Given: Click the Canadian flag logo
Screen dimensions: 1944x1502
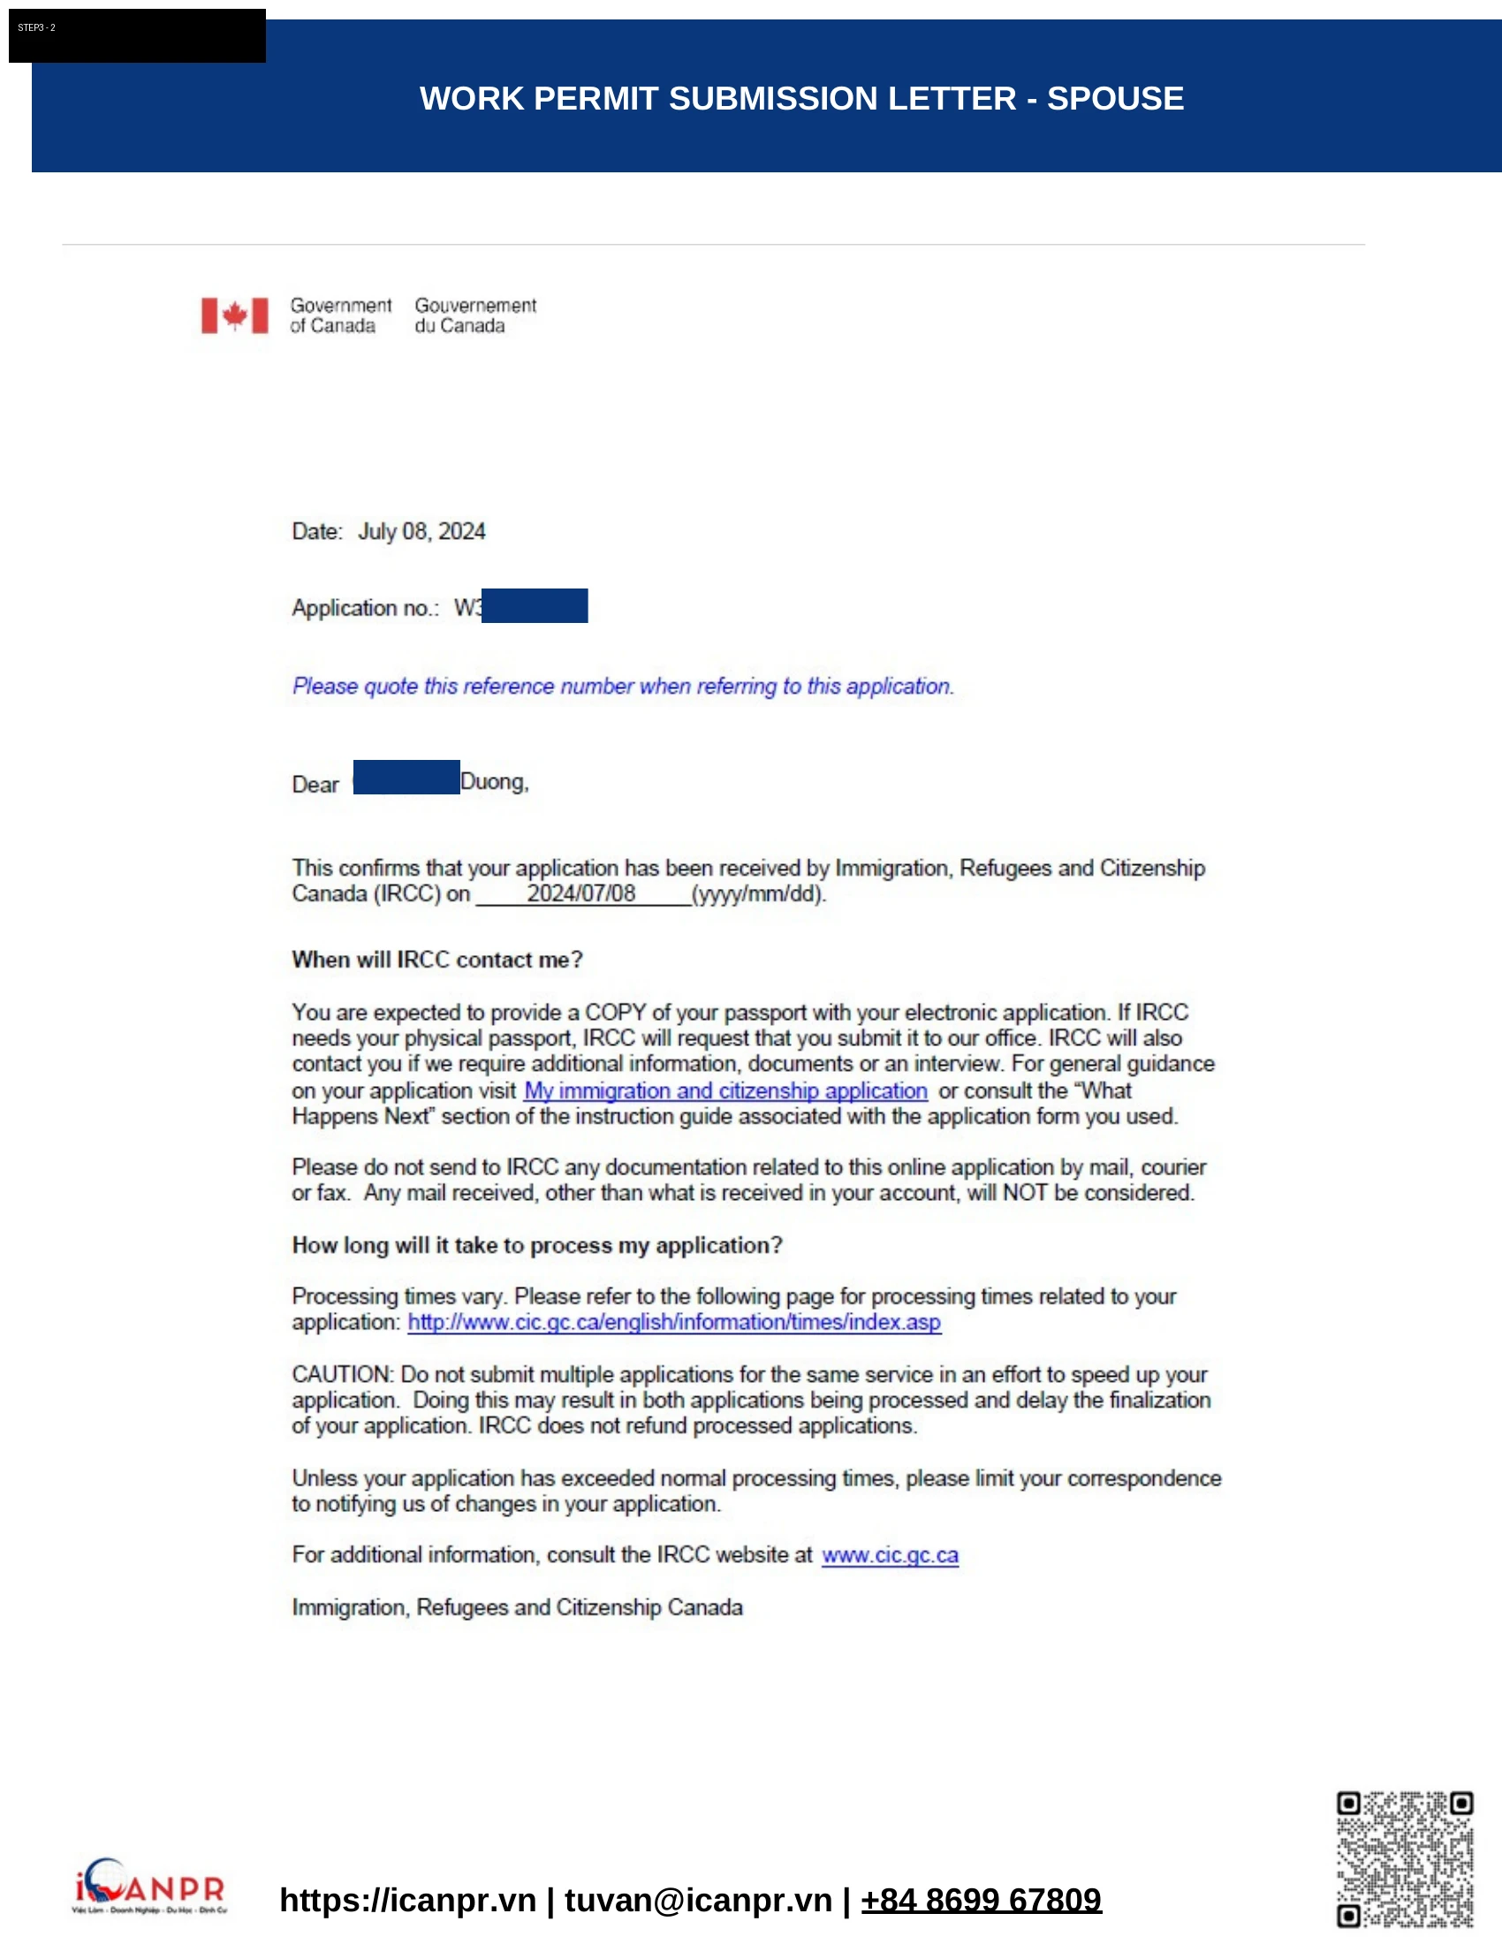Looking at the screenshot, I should click(234, 315).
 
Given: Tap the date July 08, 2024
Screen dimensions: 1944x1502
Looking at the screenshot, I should click(421, 531).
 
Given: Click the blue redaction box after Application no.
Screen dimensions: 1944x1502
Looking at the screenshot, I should click(534, 605).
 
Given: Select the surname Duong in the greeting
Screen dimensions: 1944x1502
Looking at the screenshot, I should click(493, 781).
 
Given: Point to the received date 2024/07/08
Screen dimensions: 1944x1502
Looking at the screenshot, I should click(581, 893).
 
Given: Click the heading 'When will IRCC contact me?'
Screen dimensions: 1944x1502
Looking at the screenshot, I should click(436, 960).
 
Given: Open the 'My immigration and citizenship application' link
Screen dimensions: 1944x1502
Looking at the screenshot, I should click(725, 1090).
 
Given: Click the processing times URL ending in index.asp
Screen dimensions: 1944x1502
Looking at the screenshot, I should click(673, 1322).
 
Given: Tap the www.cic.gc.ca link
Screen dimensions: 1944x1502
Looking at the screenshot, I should click(890, 1555).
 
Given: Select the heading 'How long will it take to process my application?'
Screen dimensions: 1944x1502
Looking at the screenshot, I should click(536, 1245).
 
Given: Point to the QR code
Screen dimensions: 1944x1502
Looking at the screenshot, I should click(1404, 1859).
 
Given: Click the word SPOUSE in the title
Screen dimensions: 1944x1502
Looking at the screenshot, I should click(1115, 98).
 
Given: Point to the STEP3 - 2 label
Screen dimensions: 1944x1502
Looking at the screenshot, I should click(36, 27).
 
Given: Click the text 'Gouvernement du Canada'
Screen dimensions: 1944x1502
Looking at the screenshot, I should click(475, 315).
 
